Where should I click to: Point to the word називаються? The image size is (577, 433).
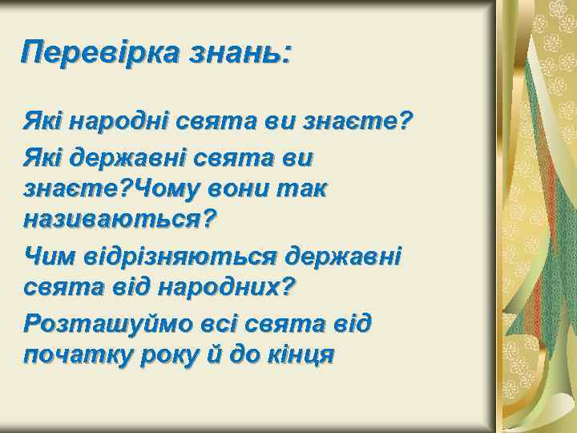[x=112, y=216]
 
